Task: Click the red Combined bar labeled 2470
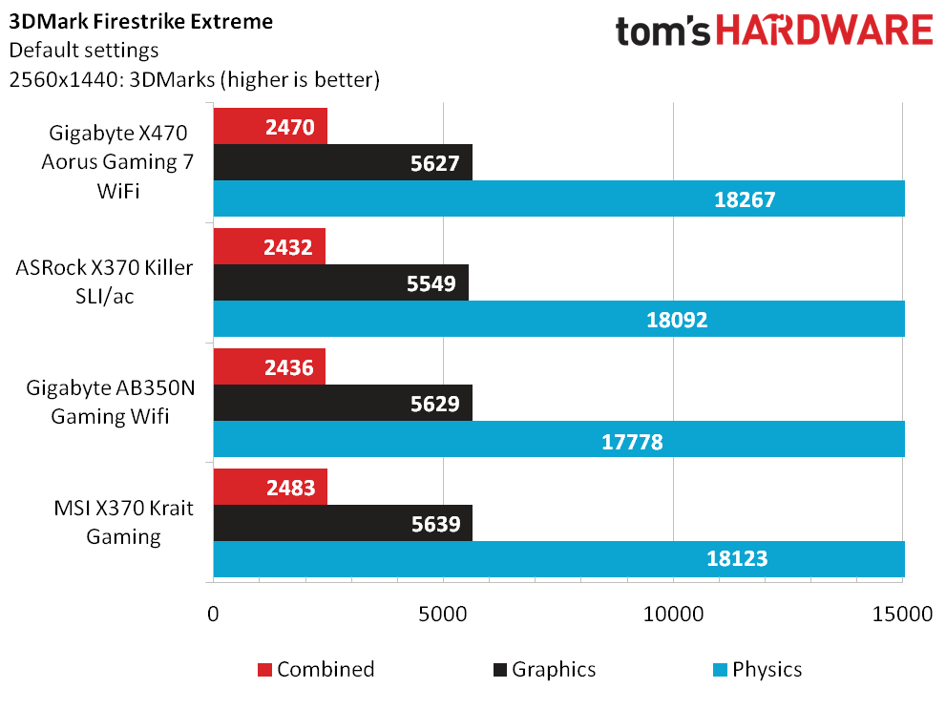[270, 126]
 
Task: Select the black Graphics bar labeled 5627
[343, 162]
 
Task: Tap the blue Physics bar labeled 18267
[559, 198]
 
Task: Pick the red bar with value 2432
[269, 246]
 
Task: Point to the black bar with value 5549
[341, 282]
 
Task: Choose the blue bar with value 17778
[559, 439]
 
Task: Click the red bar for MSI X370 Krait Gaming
[270, 487]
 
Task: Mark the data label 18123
[737, 559]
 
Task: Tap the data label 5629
[435, 404]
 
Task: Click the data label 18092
[677, 320]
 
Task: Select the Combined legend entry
[316, 669]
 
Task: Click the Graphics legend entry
[545, 669]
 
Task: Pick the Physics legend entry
[758, 669]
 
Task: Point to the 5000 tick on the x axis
[443, 614]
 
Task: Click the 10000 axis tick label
[673, 614]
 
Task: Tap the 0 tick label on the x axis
[213, 614]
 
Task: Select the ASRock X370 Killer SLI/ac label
[104, 282]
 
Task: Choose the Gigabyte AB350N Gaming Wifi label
[111, 402]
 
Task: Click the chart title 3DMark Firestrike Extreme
[141, 22]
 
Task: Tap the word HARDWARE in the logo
[825, 31]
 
